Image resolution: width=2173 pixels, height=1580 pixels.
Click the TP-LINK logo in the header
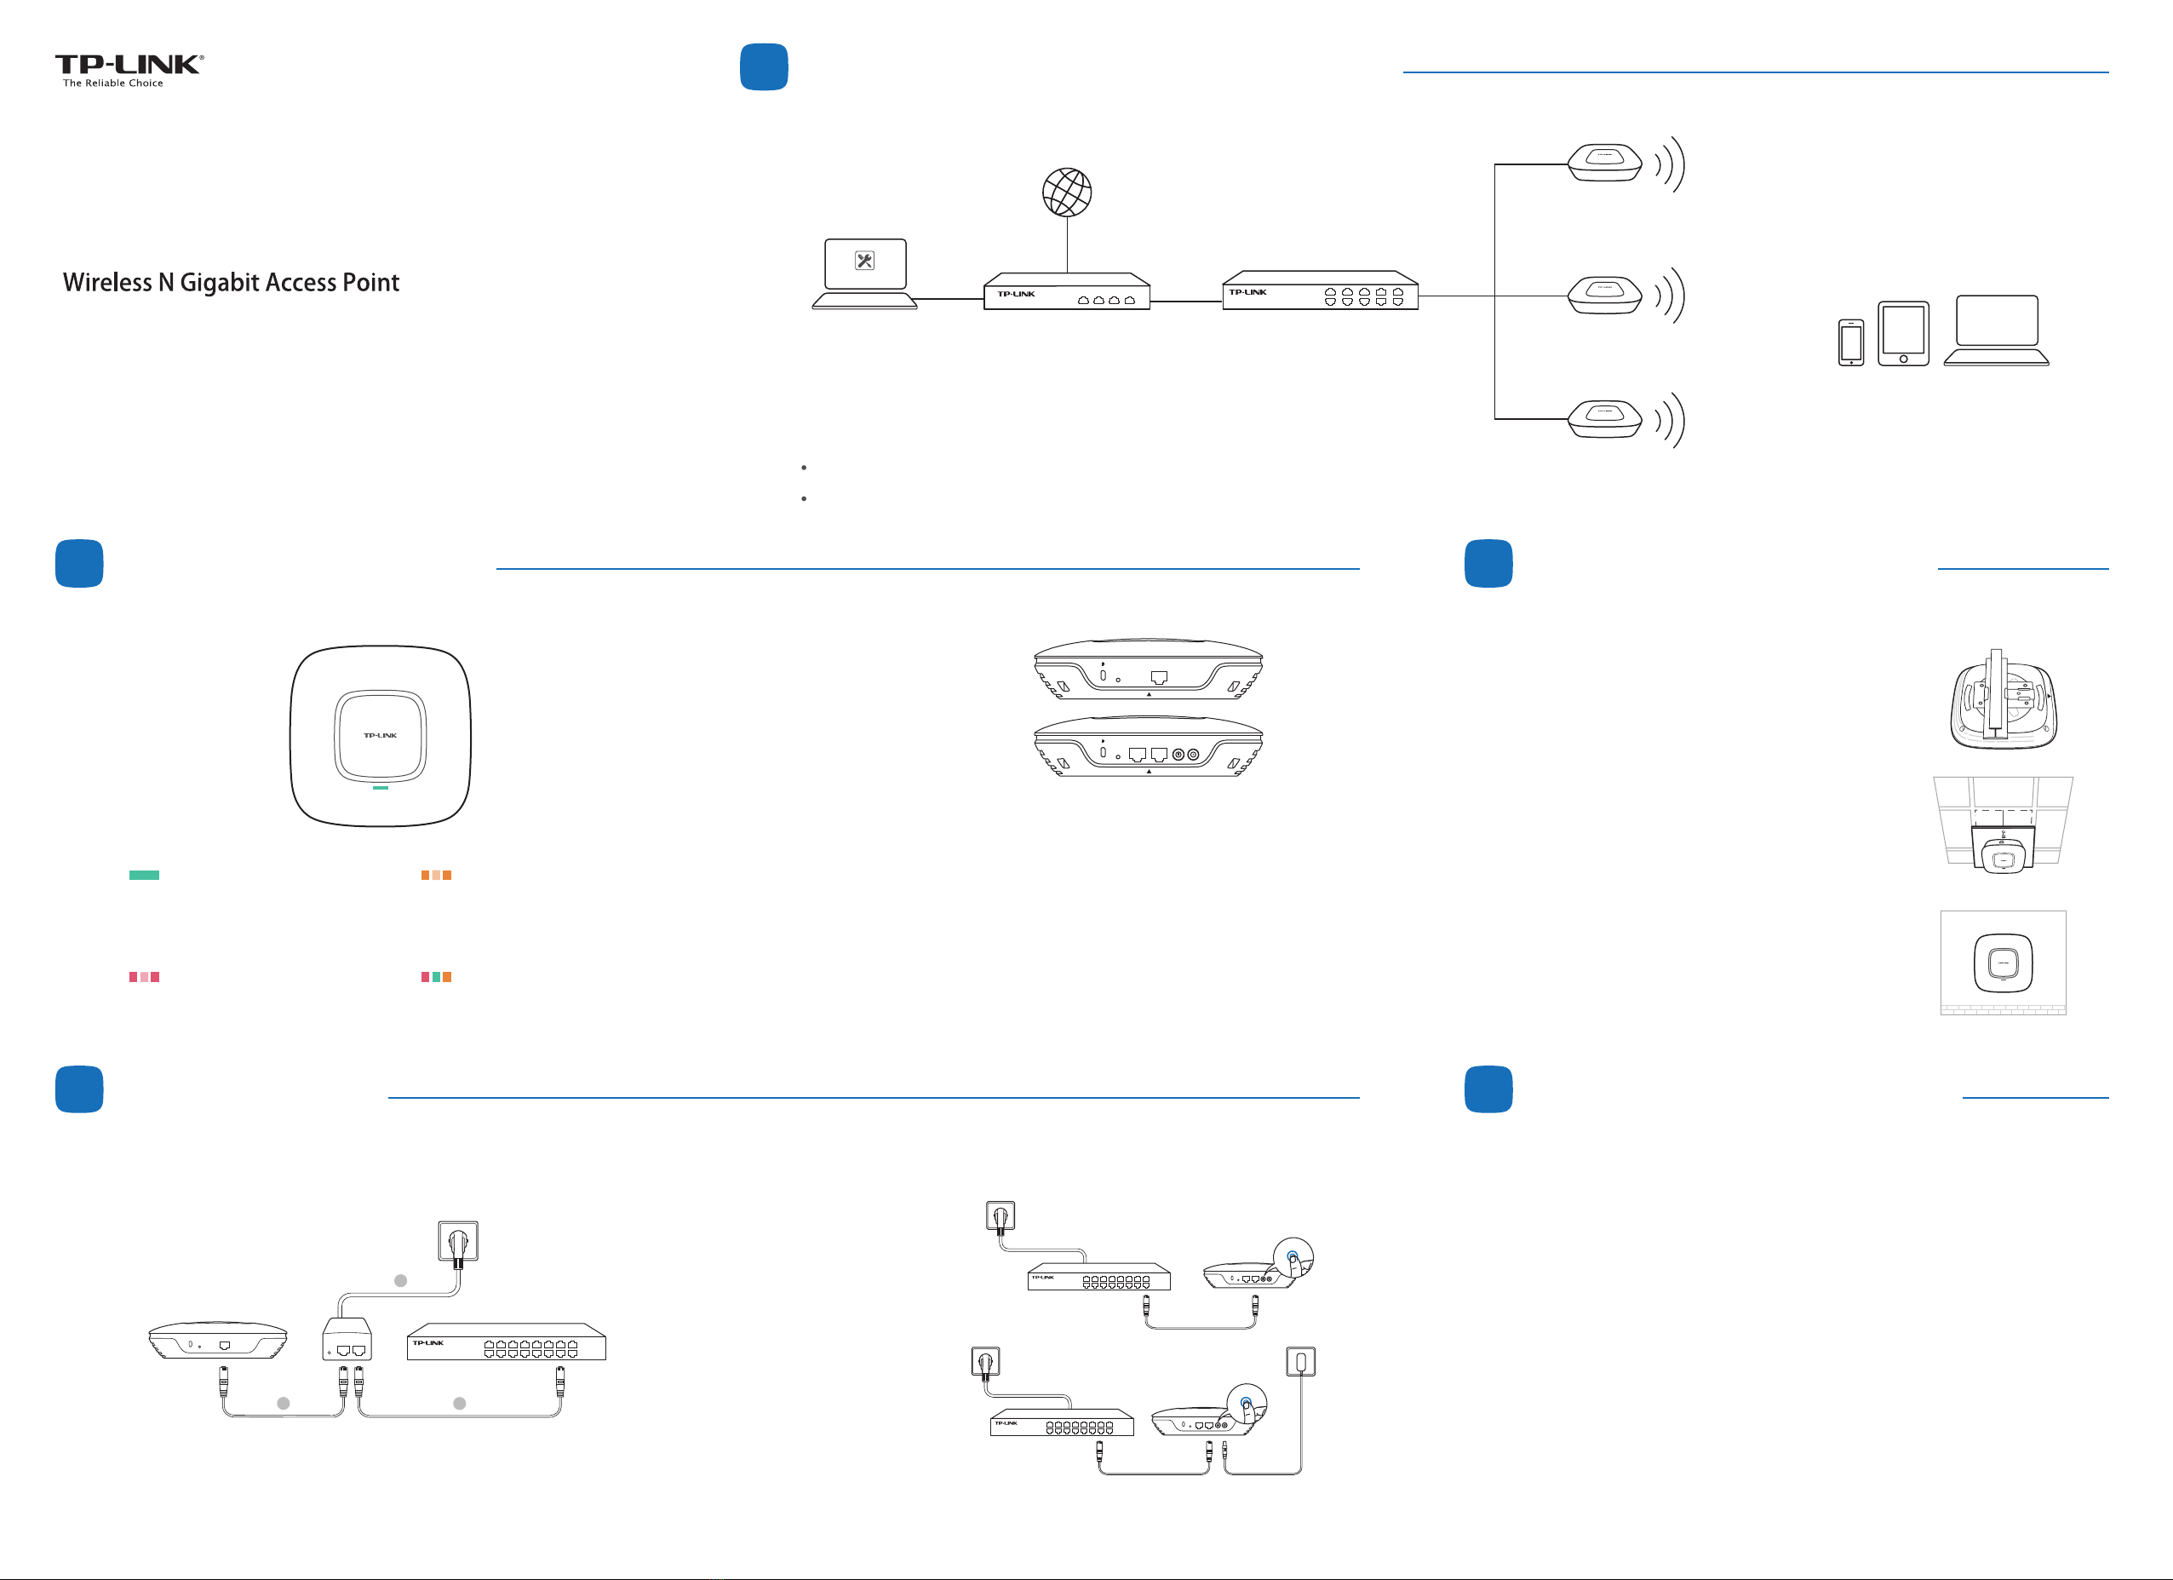(129, 64)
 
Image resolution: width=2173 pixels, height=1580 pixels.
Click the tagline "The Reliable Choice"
(113, 83)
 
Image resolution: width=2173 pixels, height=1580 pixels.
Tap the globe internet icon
(1066, 192)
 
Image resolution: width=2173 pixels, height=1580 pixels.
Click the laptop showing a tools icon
(864, 274)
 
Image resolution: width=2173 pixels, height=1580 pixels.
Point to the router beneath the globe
(1066, 292)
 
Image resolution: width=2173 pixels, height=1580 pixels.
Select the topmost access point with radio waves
(1605, 162)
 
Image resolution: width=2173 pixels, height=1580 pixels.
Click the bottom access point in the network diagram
(1605, 419)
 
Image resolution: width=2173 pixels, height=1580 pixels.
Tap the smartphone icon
(1850, 343)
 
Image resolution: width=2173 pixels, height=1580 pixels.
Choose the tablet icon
(1903, 333)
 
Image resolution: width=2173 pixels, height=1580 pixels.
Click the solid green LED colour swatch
(144, 875)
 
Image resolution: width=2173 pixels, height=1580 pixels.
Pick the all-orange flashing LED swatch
(436, 875)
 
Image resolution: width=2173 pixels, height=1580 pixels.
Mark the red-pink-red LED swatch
(144, 976)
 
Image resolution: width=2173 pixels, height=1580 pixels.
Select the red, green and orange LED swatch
(436, 976)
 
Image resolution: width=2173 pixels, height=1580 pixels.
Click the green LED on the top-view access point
(381, 788)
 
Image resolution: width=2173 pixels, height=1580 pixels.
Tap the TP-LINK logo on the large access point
(381, 735)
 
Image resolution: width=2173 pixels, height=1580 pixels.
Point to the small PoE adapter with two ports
(347, 1340)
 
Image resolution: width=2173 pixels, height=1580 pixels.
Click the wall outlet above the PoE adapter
(458, 1242)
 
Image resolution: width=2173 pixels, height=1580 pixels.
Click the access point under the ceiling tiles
(2003, 852)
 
